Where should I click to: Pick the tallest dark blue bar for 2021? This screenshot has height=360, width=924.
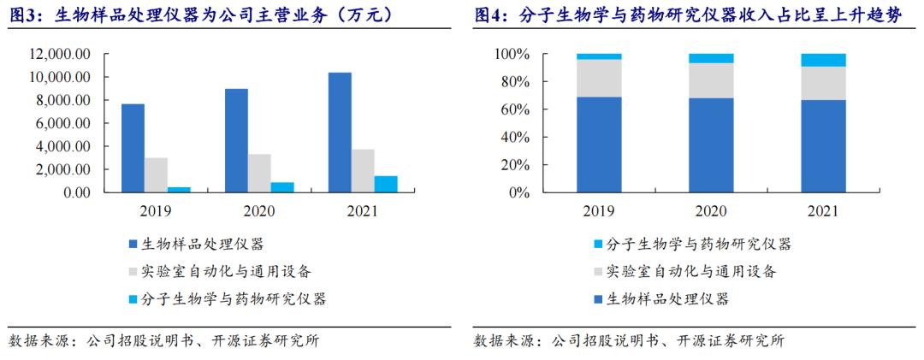340,133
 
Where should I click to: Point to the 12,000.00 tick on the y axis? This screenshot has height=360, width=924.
61,54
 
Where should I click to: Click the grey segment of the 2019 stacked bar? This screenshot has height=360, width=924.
599,78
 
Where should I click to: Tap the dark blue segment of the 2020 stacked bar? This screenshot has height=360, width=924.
711,145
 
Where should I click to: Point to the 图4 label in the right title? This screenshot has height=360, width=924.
493,15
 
